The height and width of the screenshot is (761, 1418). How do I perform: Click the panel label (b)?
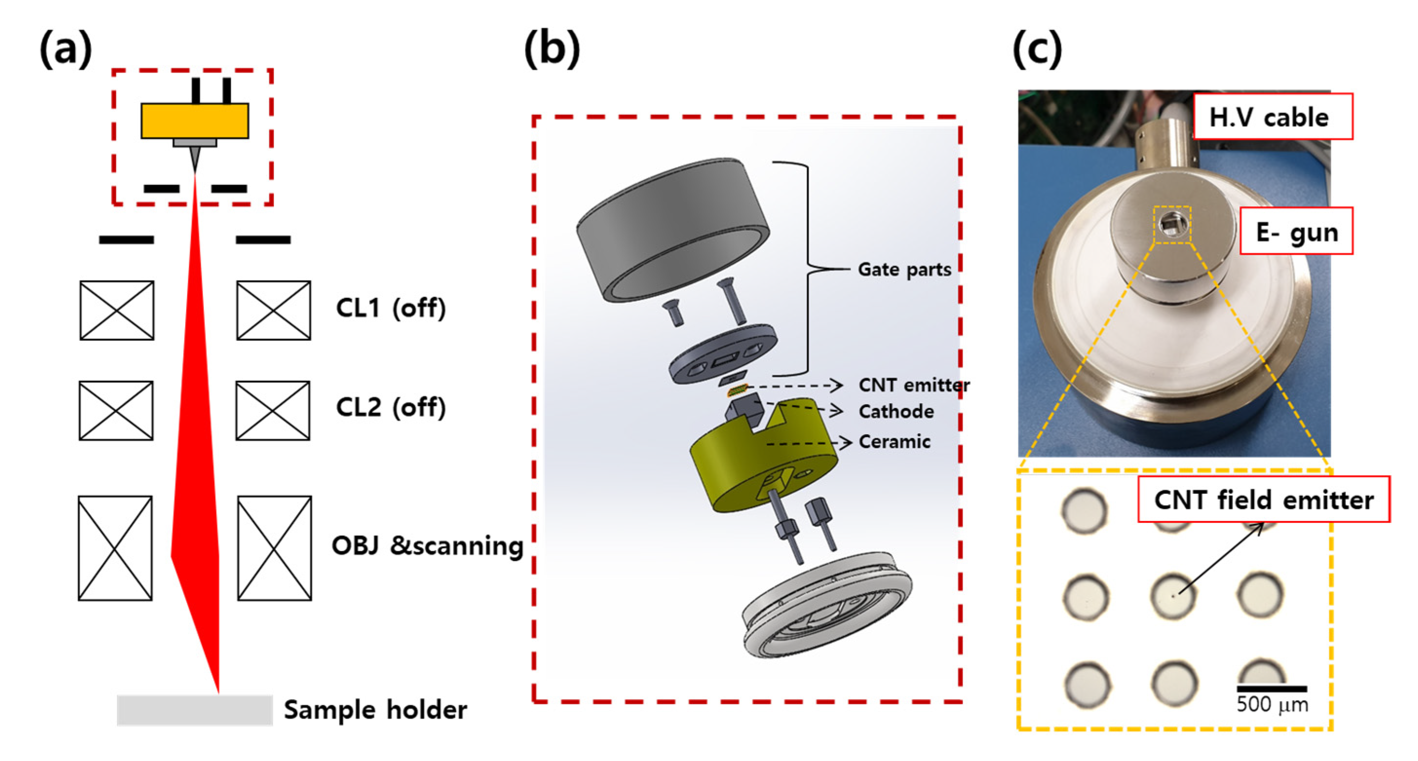coord(551,49)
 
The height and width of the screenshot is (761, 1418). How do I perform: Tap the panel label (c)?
coord(1037,49)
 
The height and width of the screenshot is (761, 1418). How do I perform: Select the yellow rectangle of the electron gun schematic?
coord(194,121)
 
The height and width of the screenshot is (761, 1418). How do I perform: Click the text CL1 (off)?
coord(390,308)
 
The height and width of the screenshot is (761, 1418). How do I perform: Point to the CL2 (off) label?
coord(390,407)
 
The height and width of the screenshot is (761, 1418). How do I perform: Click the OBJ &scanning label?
coord(427,546)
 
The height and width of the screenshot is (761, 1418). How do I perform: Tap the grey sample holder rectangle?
coord(194,710)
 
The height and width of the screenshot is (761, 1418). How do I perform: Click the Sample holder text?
coord(376,710)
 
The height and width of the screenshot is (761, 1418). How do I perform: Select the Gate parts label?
coord(905,270)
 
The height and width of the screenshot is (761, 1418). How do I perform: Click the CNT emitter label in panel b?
coord(914,385)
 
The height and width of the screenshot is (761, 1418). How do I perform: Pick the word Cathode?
coord(896,411)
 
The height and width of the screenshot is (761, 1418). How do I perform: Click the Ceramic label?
coord(894,442)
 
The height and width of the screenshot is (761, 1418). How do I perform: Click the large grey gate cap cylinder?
coord(672,225)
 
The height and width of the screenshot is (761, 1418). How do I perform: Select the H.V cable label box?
coord(1273,117)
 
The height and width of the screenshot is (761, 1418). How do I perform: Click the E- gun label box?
coord(1296,232)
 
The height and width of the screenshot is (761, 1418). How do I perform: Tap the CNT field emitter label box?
coord(1263,500)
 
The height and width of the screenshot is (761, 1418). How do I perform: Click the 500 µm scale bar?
coord(1271,688)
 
